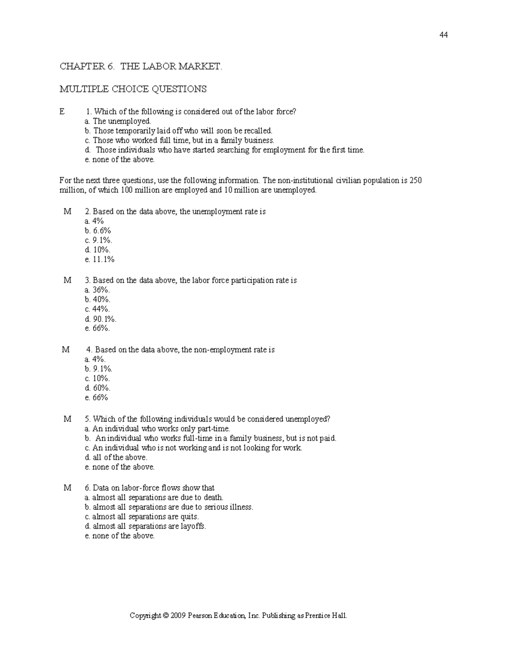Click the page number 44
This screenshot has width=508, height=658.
444,35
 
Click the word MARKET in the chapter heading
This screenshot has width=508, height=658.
200,67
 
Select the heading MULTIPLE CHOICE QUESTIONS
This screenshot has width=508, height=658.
133,89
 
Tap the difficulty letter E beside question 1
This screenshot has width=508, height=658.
63,112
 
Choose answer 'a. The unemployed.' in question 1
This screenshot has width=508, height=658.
118,122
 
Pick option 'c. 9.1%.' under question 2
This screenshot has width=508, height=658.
98,240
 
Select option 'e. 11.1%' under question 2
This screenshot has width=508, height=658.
99,259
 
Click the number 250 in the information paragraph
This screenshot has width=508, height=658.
415,181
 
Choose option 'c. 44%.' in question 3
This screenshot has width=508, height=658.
97,309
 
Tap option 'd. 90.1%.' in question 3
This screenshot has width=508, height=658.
100,319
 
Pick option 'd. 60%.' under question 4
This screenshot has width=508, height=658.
97,388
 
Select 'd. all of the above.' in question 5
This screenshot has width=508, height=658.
116,458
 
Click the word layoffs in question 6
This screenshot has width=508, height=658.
193,527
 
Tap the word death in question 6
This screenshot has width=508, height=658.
213,498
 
